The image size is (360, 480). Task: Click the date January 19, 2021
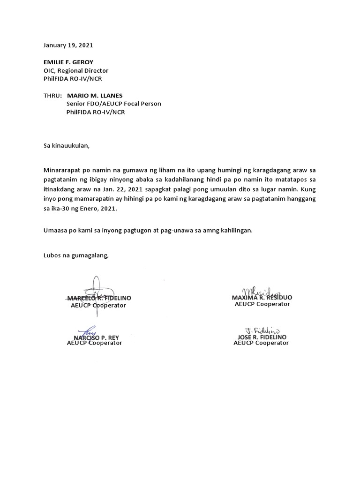click(68, 45)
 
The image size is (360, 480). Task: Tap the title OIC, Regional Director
click(75, 70)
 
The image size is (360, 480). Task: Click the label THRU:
click(52, 96)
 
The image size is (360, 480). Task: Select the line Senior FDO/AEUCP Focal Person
click(113, 104)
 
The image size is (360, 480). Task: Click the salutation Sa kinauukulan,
click(66, 145)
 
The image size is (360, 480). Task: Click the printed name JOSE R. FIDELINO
click(262, 337)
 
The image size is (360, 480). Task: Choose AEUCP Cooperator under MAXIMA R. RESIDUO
click(262, 304)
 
